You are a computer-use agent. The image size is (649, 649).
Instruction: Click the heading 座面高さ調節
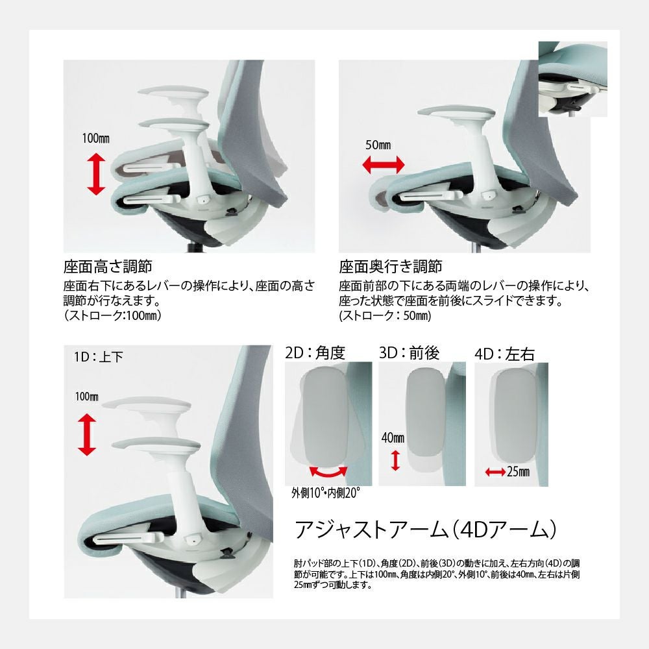point(108,267)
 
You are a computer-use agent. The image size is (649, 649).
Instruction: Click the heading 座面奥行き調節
point(391,267)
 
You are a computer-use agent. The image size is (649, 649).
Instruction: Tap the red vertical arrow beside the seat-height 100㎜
point(96,174)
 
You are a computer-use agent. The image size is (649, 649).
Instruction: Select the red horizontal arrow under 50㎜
point(384,165)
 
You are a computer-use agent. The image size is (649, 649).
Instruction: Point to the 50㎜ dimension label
point(378,145)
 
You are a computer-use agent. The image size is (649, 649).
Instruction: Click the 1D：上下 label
point(99,357)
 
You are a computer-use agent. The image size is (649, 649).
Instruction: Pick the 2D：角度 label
point(315,352)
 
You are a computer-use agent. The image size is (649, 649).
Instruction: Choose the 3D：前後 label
point(409,352)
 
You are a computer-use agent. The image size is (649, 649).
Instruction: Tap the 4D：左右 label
point(504,354)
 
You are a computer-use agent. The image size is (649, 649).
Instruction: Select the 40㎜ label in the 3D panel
point(393,437)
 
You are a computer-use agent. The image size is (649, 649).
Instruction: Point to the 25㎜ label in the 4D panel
point(518,471)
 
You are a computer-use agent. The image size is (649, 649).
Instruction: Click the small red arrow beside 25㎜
point(495,472)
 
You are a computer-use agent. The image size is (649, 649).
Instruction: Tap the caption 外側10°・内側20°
point(326,493)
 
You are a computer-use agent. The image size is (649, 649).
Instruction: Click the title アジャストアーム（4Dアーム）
point(426,530)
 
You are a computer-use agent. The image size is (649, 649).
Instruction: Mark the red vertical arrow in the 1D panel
point(87,435)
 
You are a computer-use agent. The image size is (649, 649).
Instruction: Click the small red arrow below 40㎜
point(396,461)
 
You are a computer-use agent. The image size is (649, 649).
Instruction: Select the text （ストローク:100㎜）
point(112,315)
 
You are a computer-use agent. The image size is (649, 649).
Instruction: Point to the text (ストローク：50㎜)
point(385,316)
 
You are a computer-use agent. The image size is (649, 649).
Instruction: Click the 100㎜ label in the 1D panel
point(86,397)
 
